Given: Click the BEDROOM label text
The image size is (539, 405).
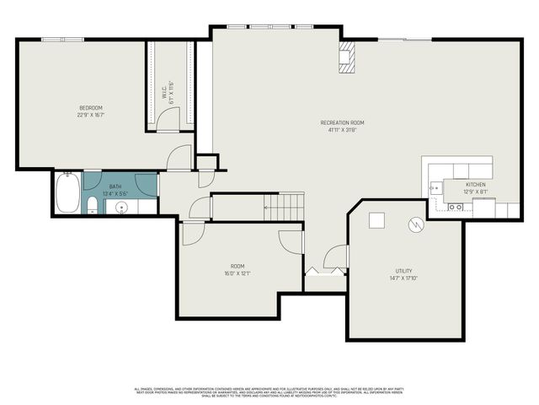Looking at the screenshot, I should tap(91, 108).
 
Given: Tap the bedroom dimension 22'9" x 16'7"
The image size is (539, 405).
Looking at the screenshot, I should tap(91, 115).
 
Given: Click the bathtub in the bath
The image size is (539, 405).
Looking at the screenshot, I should tap(67, 193).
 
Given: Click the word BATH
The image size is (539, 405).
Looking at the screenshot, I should tap(115, 186).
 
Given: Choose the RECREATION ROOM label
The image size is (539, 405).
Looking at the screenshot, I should tap(342, 123).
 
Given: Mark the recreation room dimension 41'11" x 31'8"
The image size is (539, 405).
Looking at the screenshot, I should tap(342, 130).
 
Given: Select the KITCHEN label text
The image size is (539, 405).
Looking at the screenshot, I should tap(475, 185).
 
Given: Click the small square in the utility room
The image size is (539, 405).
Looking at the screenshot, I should tap(376, 219).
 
